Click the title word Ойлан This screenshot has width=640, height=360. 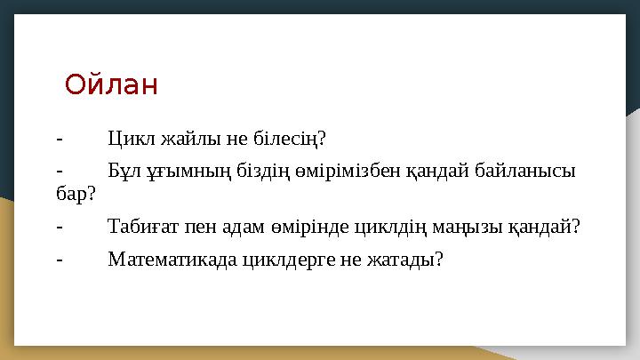(x=111, y=84)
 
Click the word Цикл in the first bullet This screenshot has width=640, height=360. (x=132, y=139)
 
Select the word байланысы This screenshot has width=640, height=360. (x=525, y=171)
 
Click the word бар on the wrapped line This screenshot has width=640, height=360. (x=71, y=193)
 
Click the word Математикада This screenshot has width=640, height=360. (x=172, y=259)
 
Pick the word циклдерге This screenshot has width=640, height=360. (x=289, y=260)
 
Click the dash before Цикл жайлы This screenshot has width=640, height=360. (x=60, y=140)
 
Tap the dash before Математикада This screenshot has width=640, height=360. (x=60, y=260)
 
